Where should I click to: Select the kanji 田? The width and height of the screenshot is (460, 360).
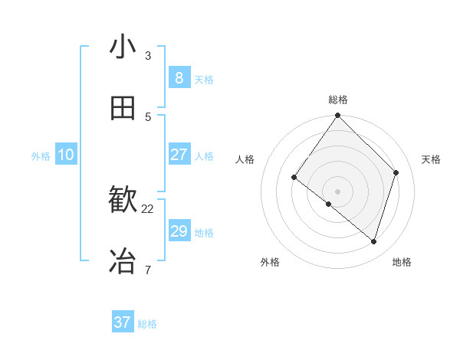[x=123, y=109]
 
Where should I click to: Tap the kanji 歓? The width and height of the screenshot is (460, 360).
[x=123, y=201]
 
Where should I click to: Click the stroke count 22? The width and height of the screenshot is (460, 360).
[x=148, y=208]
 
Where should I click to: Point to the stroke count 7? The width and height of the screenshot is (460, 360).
[x=147, y=270]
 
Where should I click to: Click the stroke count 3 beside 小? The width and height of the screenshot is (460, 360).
[x=147, y=55]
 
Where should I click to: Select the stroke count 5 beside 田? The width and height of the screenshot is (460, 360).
[x=147, y=116]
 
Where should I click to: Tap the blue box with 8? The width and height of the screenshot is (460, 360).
[x=179, y=77]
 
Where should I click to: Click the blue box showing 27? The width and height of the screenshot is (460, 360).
[x=179, y=155]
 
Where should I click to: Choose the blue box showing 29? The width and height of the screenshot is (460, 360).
[x=179, y=231]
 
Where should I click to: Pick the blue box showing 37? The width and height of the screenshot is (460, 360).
[x=123, y=322]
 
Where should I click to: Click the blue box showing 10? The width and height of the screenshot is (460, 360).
[x=66, y=155]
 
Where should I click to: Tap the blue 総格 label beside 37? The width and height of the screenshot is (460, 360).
[x=147, y=324]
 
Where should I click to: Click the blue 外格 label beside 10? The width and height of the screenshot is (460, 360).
[x=41, y=156]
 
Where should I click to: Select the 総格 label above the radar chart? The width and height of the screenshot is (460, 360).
[x=338, y=100]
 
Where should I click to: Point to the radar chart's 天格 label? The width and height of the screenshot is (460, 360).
[x=431, y=159]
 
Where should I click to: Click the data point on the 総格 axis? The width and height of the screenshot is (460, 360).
[x=338, y=116]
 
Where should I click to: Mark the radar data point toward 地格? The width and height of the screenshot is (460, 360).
[x=373, y=241]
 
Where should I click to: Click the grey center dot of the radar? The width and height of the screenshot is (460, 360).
[x=338, y=191]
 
